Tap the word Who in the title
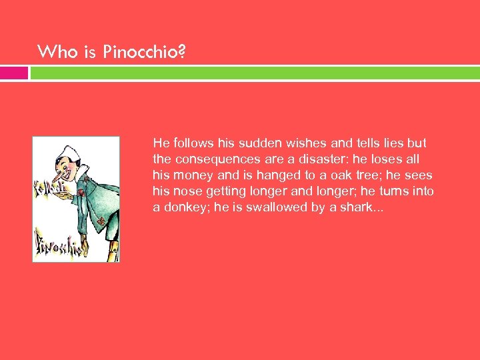[x=53, y=51]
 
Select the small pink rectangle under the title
[x=14, y=73]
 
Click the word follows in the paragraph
[x=193, y=143]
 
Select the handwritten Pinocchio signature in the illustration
[x=58, y=247]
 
